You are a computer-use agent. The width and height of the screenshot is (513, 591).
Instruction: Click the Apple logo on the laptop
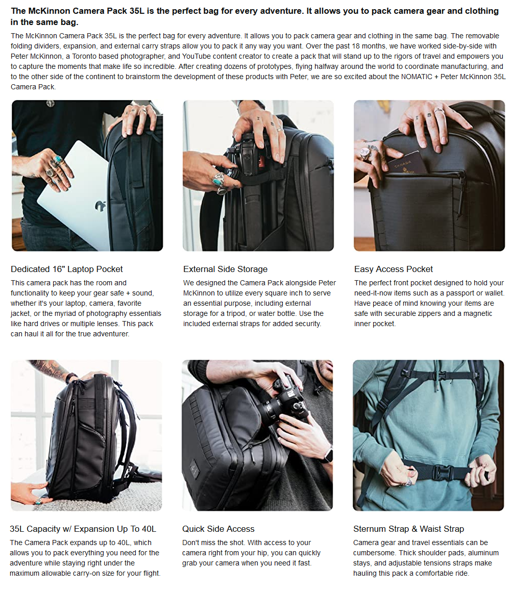(100, 206)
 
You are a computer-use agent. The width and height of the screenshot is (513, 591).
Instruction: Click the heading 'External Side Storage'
(226, 269)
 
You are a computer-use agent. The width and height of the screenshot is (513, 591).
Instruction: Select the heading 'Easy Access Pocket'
(394, 269)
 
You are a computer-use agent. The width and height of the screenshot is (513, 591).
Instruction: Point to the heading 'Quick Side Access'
(218, 529)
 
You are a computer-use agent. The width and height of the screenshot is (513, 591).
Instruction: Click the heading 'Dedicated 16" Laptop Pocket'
(67, 269)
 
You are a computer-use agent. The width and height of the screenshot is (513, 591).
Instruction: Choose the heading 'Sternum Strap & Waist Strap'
(408, 529)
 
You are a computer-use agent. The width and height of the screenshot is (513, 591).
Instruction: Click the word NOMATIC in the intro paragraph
(417, 77)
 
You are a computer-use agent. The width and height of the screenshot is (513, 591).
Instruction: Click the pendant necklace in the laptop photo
(50, 104)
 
